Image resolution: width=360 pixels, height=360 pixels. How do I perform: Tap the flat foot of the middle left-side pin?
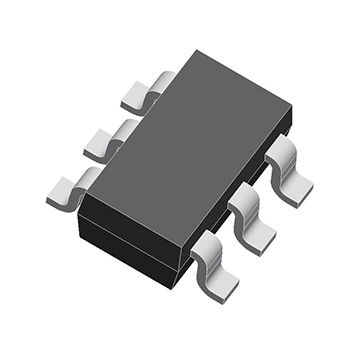tap(100, 146)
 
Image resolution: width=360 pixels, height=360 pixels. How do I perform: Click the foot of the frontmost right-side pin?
tap(220, 284)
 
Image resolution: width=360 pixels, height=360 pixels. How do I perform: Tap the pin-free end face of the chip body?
tap(130, 235)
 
